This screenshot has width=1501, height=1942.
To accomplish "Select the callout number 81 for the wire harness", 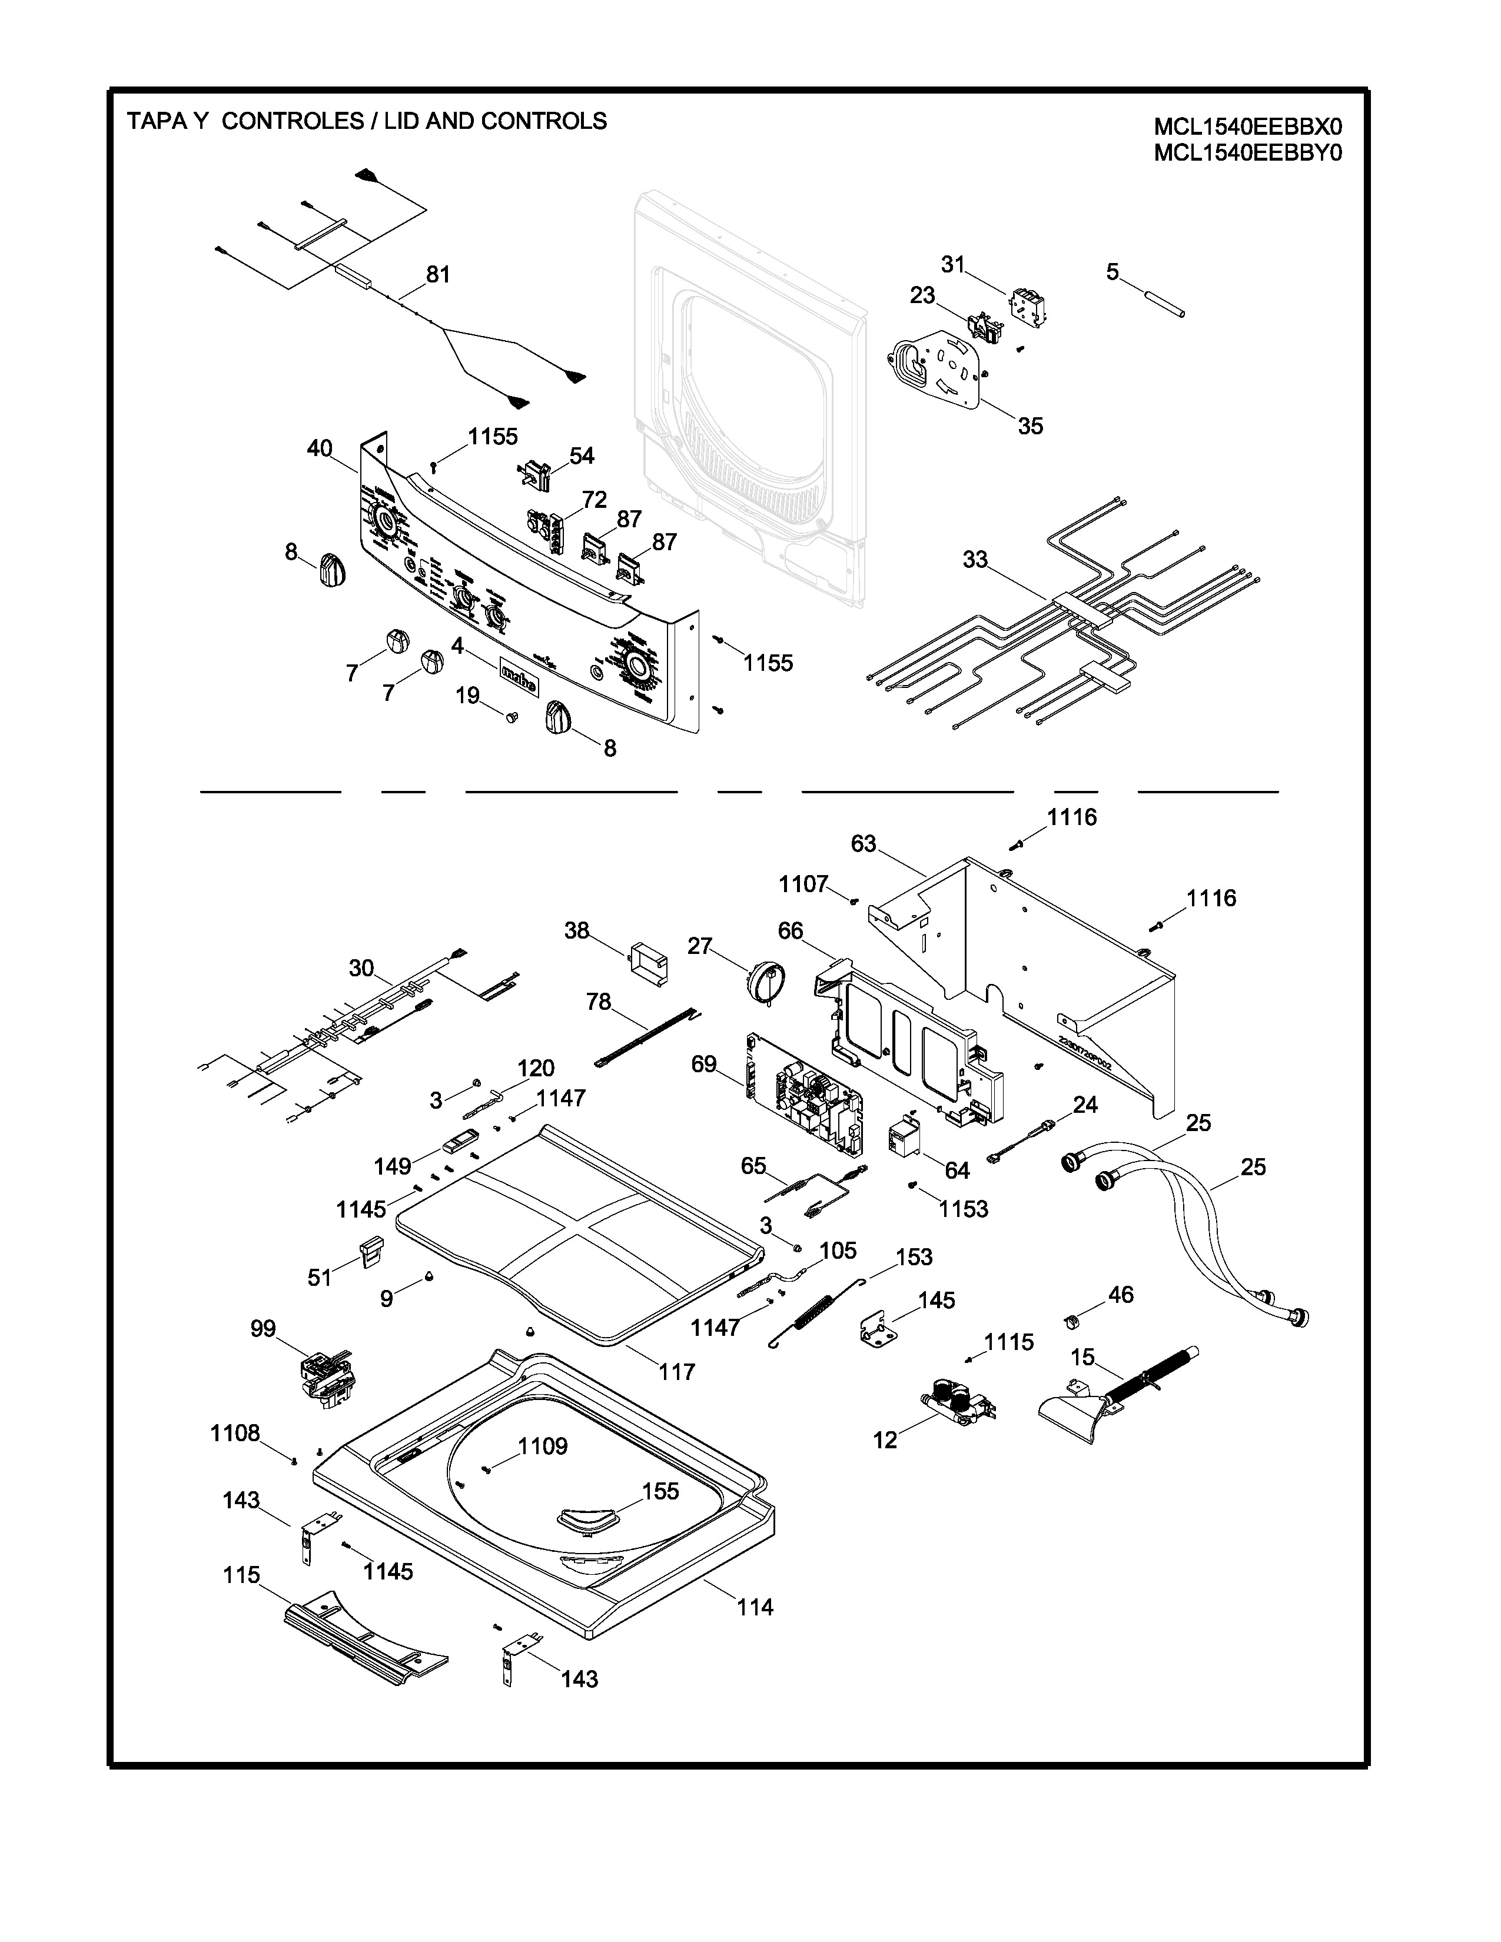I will pyautogui.click(x=437, y=275).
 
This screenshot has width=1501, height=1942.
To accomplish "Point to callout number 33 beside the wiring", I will pyautogui.click(x=975, y=559).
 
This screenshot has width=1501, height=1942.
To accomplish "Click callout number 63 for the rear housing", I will pyautogui.click(x=864, y=843).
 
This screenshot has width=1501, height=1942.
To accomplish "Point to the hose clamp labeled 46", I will pyautogui.click(x=1072, y=1321).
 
